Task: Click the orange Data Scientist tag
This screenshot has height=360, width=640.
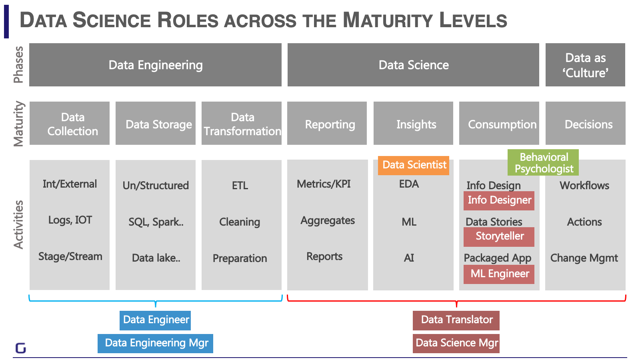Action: tap(414, 165)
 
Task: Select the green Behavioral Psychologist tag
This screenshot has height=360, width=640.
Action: tap(543, 162)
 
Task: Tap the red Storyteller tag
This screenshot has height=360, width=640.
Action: tap(499, 236)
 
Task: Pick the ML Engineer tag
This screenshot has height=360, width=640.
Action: tap(499, 274)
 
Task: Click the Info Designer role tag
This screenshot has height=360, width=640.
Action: tap(499, 200)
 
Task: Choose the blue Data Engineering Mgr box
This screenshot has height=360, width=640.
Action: tap(156, 343)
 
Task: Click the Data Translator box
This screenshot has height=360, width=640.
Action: tap(456, 320)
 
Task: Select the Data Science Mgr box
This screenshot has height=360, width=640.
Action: tap(456, 343)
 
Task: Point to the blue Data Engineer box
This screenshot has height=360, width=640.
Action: tap(156, 320)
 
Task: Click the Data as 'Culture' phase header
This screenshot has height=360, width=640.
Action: tap(585, 65)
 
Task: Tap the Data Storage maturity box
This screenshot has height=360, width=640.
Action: tap(156, 124)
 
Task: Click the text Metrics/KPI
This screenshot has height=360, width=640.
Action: tap(324, 184)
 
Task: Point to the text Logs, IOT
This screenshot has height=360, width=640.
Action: tap(70, 220)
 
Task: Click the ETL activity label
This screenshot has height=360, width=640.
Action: tap(240, 186)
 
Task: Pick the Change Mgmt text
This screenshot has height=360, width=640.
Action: tap(584, 258)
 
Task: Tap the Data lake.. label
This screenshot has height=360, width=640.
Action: tap(156, 258)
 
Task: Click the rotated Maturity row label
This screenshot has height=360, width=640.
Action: tap(19, 124)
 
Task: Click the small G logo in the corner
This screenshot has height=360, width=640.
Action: tap(20, 348)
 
